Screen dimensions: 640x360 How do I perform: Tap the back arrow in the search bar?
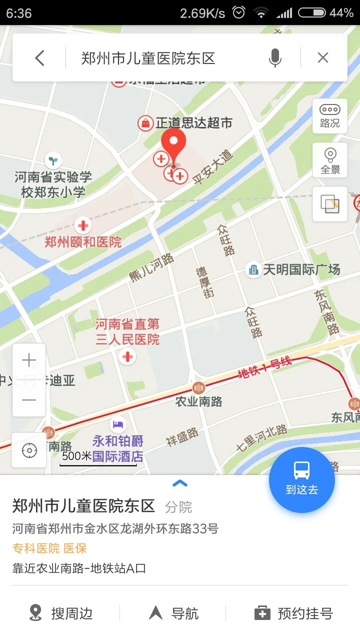(40, 58)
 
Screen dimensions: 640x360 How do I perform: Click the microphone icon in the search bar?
(274, 58)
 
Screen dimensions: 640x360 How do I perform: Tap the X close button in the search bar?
(323, 58)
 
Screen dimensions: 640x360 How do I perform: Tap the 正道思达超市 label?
(193, 122)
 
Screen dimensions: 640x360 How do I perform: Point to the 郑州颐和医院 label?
(83, 242)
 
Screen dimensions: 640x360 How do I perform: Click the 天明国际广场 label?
(301, 270)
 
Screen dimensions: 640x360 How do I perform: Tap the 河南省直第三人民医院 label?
(127, 332)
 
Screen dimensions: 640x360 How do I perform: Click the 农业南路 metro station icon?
(199, 387)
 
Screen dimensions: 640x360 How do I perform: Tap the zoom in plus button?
(29, 360)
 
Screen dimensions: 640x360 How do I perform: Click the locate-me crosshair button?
(29, 450)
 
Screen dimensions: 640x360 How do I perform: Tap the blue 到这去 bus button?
(301, 479)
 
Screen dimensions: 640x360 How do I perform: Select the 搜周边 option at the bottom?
(61, 613)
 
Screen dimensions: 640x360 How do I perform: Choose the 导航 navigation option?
(174, 613)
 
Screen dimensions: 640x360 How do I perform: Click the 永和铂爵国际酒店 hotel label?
(117, 448)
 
